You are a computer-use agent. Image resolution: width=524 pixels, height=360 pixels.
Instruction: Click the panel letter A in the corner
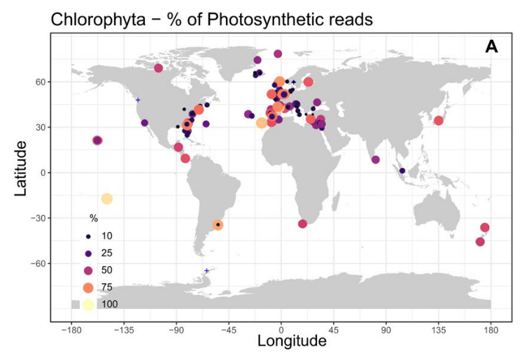(x=491, y=48)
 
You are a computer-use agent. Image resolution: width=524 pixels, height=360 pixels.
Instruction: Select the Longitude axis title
(x=292, y=342)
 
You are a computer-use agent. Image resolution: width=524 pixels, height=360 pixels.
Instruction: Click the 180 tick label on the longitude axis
(x=490, y=329)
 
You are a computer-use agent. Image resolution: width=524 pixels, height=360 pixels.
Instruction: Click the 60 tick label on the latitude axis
(x=40, y=82)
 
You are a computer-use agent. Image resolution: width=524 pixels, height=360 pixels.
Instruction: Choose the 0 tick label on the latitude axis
(x=43, y=173)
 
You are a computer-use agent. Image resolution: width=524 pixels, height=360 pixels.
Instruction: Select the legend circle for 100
(x=87, y=303)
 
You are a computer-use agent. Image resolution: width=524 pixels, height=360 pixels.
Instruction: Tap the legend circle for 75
(x=87, y=287)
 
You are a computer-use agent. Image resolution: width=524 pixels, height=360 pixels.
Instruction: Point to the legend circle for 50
(x=87, y=270)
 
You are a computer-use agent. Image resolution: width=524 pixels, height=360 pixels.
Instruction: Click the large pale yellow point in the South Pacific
(x=107, y=199)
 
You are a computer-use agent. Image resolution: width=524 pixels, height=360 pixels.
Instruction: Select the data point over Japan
(x=439, y=120)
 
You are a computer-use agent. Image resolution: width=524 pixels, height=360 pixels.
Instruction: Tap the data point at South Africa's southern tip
(x=303, y=224)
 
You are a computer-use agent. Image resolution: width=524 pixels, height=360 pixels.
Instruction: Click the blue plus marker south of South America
(x=206, y=271)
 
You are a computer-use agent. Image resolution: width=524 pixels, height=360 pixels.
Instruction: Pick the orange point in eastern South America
(x=218, y=225)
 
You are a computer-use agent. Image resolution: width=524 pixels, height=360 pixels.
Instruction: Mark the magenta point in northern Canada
(x=159, y=68)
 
